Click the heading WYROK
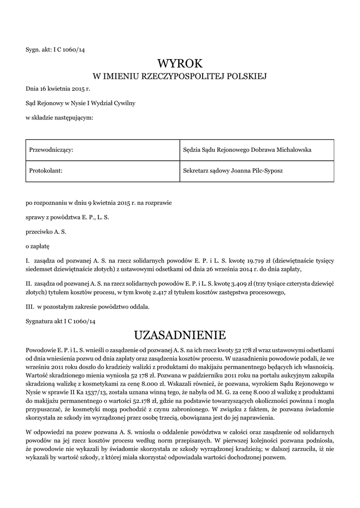point(180,63)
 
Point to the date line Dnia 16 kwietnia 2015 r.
point(58,89)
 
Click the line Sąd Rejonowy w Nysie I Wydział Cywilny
point(80,103)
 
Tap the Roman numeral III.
point(29,307)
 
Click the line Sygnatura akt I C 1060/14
point(60,321)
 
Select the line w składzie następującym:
point(59,118)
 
